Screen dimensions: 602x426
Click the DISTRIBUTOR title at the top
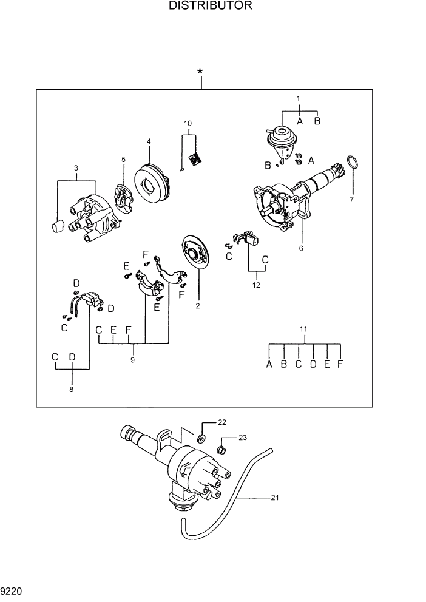pyautogui.click(x=211, y=7)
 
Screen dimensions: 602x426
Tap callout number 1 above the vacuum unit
pyautogui.click(x=298, y=98)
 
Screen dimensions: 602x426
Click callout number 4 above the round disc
pyautogui.click(x=148, y=141)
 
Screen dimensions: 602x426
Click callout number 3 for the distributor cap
pyautogui.click(x=76, y=167)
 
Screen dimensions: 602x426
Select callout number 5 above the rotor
pyautogui.click(x=123, y=160)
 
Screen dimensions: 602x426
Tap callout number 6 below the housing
pyautogui.click(x=300, y=248)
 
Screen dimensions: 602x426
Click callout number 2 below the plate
pyautogui.click(x=197, y=306)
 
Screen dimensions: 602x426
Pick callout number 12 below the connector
pyautogui.click(x=257, y=283)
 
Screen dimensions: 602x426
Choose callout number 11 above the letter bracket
pyautogui.click(x=304, y=329)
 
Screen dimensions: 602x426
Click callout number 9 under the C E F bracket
pyautogui.click(x=132, y=360)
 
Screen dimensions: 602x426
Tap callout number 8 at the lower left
pyautogui.click(x=71, y=389)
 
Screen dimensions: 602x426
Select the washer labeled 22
pyautogui.click(x=201, y=438)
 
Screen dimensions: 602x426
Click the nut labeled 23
pyautogui.click(x=222, y=450)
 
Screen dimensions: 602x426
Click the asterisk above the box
pyautogui.click(x=200, y=72)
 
